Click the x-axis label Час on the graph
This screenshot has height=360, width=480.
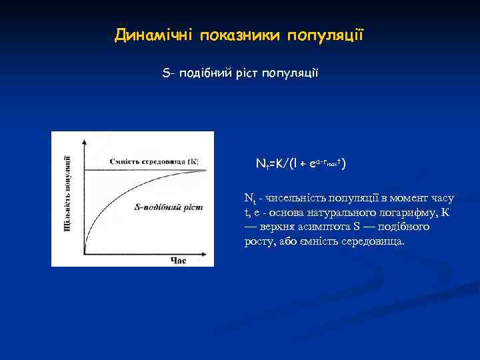[x=178, y=260]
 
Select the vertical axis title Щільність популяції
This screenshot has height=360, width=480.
[x=67, y=193]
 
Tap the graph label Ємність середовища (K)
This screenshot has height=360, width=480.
[x=154, y=161]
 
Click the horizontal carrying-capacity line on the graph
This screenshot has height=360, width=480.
[x=140, y=171]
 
